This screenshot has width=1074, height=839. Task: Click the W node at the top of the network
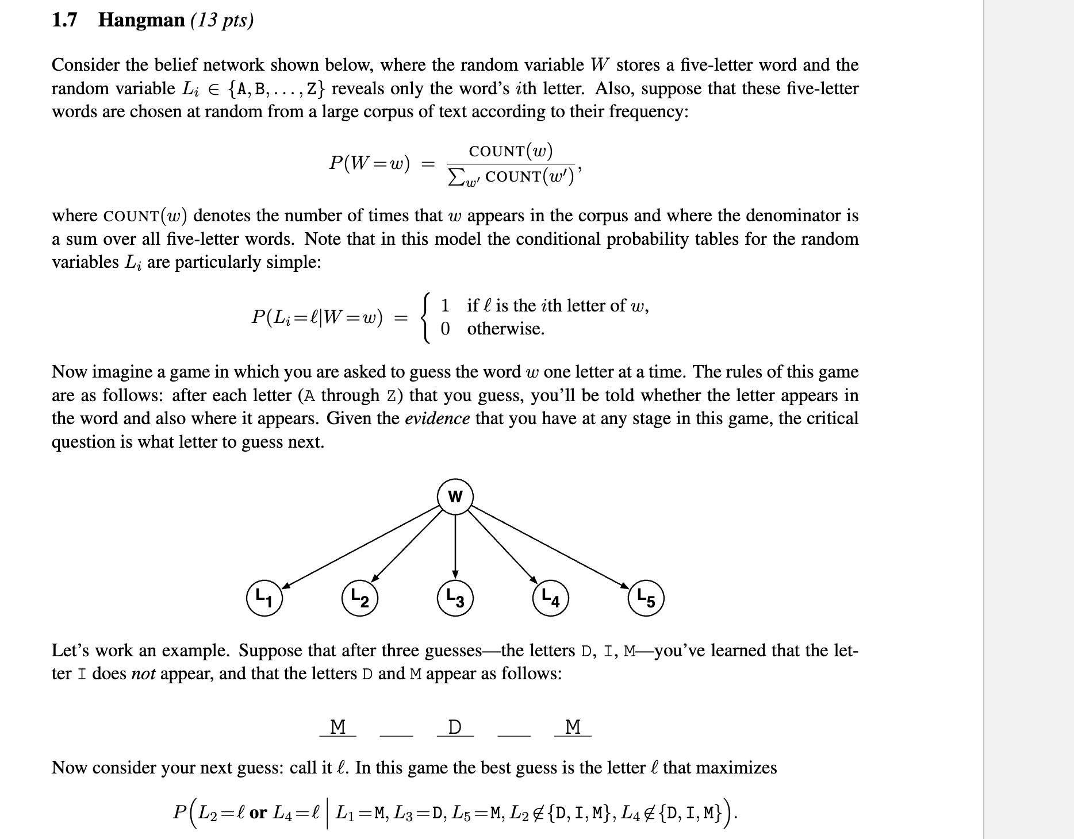click(455, 497)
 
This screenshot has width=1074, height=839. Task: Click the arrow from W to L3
click(455, 546)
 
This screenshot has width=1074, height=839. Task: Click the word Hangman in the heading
click(141, 20)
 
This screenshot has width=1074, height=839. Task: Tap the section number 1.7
click(64, 20)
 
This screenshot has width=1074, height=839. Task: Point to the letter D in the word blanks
click(454, 727)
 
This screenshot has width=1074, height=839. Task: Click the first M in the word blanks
click(338, 727)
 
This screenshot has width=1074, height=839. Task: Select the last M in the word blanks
click(573, 727)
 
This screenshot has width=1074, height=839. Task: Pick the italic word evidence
click(437, 418)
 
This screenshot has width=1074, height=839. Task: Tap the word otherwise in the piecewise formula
click(505, 329)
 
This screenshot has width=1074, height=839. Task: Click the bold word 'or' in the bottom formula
click(258, 813)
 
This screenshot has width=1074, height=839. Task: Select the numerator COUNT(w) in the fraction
click(511, 151)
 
